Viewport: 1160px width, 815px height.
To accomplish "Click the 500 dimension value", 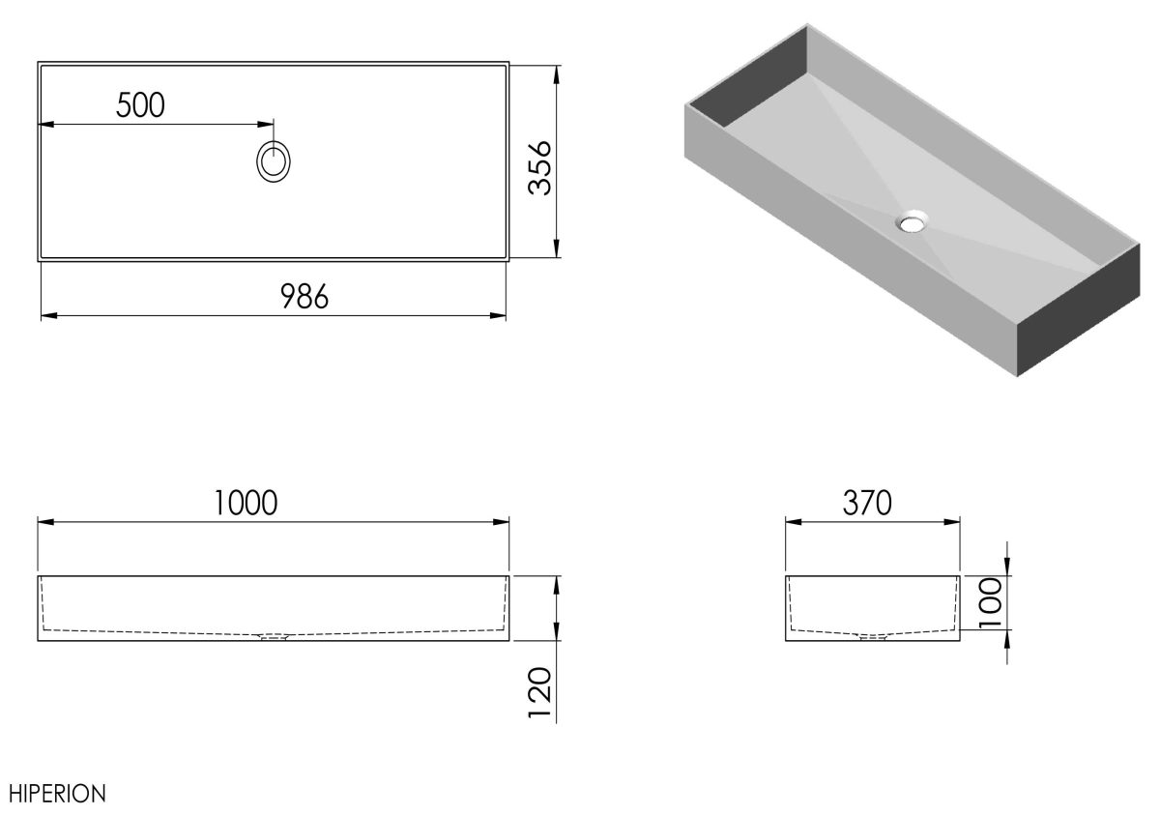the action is (x=140, y=105).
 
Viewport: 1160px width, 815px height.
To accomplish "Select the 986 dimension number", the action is (x=304, y=297).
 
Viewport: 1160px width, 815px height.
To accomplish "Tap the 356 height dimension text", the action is (x=539, y=168).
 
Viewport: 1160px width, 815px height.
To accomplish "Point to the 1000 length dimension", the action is (x=246, y=503).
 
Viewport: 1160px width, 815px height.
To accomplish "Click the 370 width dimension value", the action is (x=867, y=503).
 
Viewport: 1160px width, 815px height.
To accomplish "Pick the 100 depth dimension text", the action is (x=991, y=603).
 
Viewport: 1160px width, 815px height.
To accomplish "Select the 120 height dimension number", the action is (x=539, y=693).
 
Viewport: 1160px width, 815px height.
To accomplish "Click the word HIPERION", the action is (x=57, y=794).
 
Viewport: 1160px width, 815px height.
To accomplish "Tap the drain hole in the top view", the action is (x=274, y=161).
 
